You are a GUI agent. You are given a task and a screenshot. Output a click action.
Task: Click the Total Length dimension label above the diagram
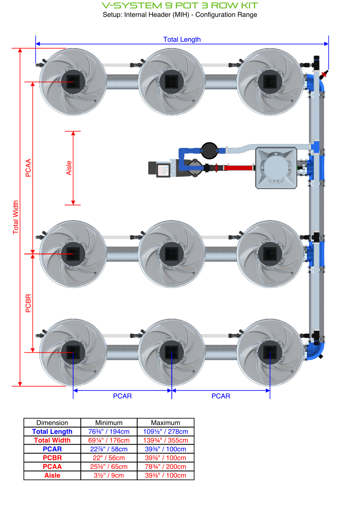point(182,40)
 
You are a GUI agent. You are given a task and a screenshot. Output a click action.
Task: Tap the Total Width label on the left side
point(16,217)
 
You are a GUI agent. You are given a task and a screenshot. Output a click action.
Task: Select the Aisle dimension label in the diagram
point(69,168)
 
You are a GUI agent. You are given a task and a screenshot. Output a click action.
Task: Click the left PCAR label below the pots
point(122,396)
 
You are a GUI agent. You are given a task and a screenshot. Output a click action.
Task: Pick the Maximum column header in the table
point(166,423)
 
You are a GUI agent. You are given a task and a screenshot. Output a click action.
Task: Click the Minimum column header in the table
point(109,423)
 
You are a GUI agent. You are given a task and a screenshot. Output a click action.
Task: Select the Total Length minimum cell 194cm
point(109,432)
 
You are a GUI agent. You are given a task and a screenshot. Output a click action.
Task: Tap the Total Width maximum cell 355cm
point(166,440)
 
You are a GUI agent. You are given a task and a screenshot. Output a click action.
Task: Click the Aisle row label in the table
point(52,475)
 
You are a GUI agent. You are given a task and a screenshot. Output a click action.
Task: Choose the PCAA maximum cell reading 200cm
point(166,467)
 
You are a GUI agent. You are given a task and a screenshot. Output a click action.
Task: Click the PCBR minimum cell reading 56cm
point(109,458)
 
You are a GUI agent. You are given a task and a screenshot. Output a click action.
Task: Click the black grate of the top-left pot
point(73,80)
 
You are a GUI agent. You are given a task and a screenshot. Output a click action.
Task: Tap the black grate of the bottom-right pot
point(270,352)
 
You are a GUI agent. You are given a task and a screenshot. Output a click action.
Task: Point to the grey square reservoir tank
point(276,167)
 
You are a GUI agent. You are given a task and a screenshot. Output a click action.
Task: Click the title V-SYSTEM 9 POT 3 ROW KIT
point(180,5)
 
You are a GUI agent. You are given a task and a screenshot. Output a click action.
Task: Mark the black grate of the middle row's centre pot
point(172,253)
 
